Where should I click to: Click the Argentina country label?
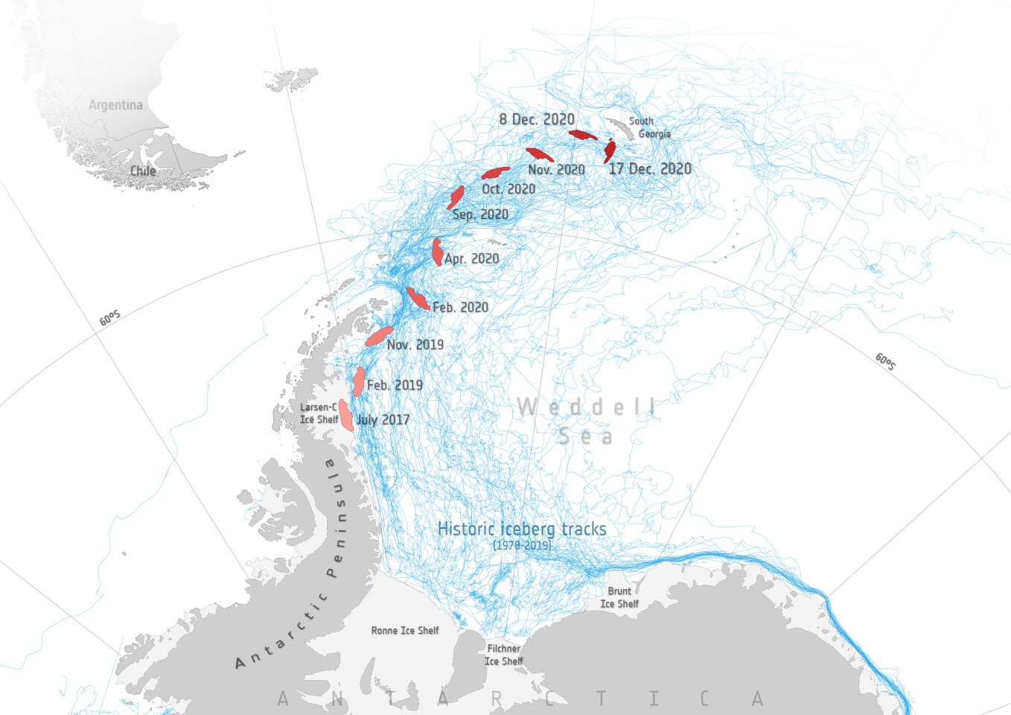coord(115,105)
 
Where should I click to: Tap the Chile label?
coord(143,171)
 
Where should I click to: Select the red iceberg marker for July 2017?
coord(345,415)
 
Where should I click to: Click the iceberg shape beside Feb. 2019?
coord(359,381)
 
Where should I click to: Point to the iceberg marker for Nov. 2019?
coord(379,336)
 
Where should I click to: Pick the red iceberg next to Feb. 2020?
coord(417,299)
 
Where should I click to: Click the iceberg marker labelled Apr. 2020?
coord(437,252)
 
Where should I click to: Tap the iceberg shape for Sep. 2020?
coord(456,197)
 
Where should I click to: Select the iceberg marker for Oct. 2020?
coord(495,173)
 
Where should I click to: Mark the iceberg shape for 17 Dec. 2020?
coord(610,150)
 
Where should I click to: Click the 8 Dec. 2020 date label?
coord(537,119)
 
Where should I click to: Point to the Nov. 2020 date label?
coord(556,170)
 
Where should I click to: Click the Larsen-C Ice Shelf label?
coord(319,413)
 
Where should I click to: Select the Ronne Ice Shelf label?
coord(405,631)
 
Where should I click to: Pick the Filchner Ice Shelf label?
coord(504,655)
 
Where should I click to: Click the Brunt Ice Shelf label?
coord(619,597)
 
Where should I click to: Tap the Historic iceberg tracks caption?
coord(522,529)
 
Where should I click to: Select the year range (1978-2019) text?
coord(522,545)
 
